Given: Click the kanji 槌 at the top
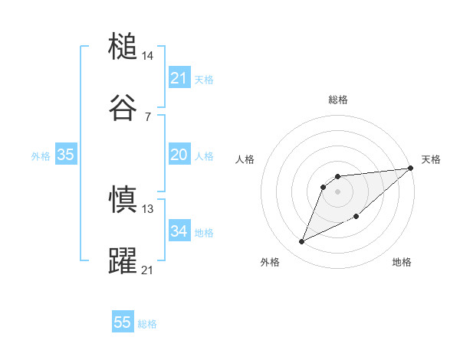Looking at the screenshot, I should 123,47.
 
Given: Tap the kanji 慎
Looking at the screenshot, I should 123,200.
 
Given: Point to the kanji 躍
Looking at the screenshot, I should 123,260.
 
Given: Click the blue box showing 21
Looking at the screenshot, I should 179,78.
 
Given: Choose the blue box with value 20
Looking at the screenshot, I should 179,155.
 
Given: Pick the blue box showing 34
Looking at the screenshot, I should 179,231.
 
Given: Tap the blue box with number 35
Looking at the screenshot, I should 65,155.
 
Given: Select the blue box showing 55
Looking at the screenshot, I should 123,322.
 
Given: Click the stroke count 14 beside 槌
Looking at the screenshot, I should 148,56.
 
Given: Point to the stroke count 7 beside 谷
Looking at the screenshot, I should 147,116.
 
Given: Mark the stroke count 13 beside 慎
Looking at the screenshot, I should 148,208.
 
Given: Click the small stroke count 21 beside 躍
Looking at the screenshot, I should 148,270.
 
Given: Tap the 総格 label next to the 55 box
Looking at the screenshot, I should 147,324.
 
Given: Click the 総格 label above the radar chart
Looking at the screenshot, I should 338,100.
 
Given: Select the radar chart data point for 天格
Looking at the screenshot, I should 410,169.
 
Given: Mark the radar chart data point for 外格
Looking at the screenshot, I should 302,242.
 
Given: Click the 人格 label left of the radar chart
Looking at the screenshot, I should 245,159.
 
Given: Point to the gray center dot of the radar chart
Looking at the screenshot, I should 338,190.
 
